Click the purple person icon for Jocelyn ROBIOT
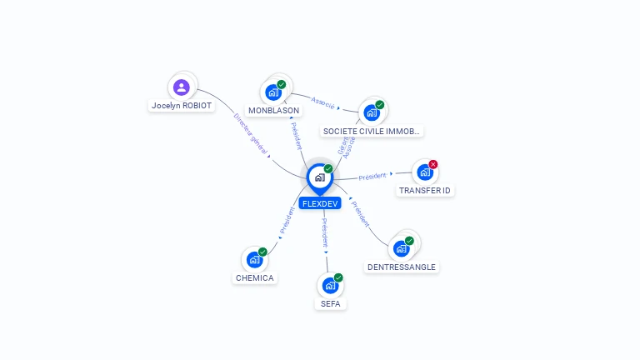[x=182, y=87]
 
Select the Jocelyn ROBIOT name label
[x=182, y=106]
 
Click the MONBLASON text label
[x=273, y=110]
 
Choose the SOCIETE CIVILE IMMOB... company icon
[x=372, y=112]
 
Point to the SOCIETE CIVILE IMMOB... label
[x=372, y=131]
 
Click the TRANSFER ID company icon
[x=425, y=172]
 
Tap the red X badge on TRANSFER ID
[x=433, y=164]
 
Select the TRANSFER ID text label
[x=426, y=190]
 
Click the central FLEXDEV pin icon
[x=319, y=177]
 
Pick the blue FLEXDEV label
[x=320, y=203]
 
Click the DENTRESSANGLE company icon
[x=402, y=248]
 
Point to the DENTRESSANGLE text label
[x=401, y=267]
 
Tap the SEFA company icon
[x=330, y=285]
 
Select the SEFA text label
[x=331, y=304]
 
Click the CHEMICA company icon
[x=254, y=259]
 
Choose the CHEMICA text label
[x=255, y=277]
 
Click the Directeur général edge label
[x=251, y=134]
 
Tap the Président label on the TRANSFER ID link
[x=372, y=176]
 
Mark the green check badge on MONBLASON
[x=282, y=84]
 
